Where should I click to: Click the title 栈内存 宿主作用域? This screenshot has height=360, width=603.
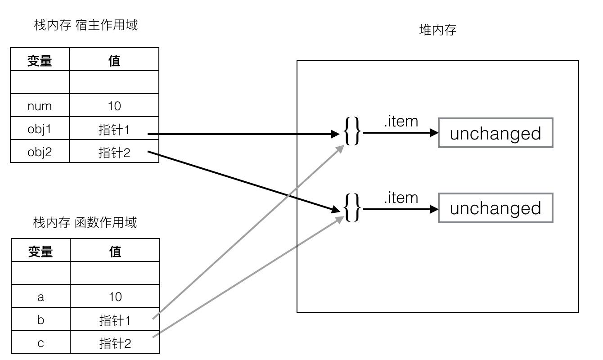(85, 25)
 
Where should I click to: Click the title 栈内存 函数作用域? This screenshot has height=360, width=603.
(85, 222)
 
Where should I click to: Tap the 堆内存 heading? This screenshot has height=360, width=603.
(437, 30)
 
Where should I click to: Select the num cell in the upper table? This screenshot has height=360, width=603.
(40, 106)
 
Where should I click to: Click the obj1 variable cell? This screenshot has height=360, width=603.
(40, 130)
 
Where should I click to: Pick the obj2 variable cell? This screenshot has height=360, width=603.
(40, 153)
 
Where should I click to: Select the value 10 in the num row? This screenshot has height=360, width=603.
(114, 106)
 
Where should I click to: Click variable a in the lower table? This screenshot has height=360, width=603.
(40, 297)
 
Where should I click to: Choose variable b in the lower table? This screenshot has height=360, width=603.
(40, 320)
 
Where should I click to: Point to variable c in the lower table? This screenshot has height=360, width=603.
(40, 343)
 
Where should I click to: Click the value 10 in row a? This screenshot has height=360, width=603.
(115, 297)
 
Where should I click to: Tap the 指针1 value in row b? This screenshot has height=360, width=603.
(115, 320)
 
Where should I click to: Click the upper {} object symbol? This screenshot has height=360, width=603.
(352, 131)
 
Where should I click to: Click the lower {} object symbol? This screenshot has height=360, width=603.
(352, 207)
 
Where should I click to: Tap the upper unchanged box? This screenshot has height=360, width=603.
(495, 133)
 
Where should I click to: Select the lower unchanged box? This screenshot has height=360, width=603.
(495, 208)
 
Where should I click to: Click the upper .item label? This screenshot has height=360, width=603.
(400, 121)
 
